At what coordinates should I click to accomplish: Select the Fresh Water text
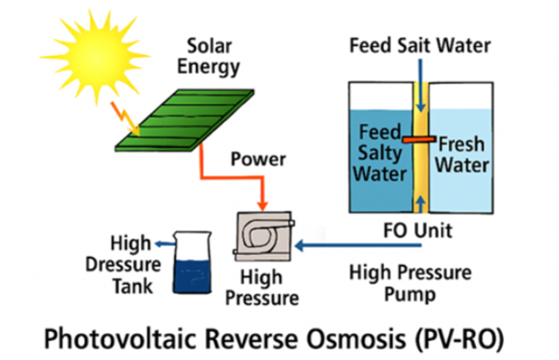point(464,153)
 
